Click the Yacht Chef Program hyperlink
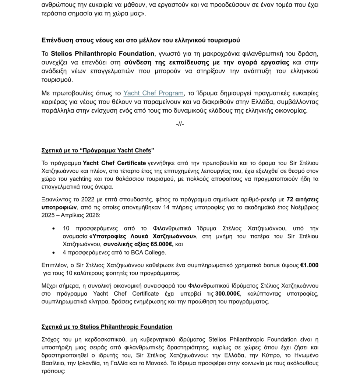[x=153, y=93]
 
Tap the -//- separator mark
[x=180, y=124]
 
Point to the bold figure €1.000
[x=309, y=265]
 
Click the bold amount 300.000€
[x=227, y=294]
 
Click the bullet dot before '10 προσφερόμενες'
[x=54, y=228]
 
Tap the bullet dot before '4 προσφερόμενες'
[x=54, y=253]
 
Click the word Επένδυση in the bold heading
[x=56, y=40]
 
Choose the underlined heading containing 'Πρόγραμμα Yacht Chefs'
[x=98, y=151]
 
